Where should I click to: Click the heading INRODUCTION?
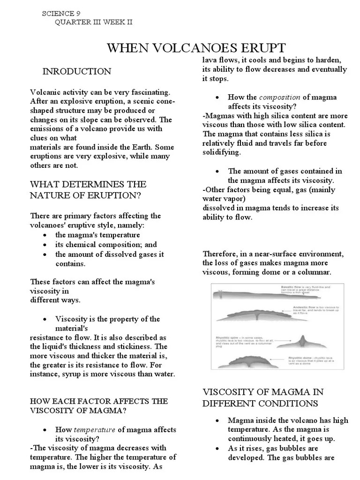pos(77,72)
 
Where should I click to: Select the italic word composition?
pos(279,97)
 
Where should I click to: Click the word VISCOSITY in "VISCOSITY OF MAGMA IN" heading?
pos(232,392)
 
